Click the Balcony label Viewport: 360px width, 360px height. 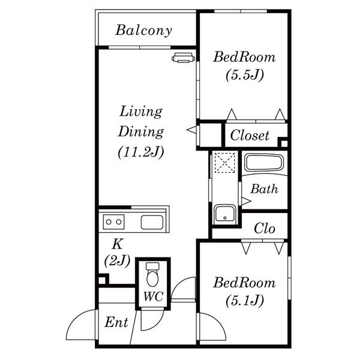(144, 31)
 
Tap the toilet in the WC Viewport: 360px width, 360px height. (152, 274)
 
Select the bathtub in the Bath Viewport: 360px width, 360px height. (264, 163)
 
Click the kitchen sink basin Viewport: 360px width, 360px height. (152, 222)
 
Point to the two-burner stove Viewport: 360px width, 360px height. (113, 222)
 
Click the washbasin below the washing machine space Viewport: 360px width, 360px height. (225, 214)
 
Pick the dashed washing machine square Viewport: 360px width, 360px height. (224, 163)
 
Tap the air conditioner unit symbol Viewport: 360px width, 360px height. (184, 58)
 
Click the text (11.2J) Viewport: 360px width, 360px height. (141, 152)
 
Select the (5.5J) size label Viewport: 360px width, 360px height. (245, 75)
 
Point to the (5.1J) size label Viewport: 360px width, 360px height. (245, 301)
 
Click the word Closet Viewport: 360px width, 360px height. (250, 135)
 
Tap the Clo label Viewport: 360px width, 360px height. (265, 229)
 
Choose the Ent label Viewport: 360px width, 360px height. (116, 322)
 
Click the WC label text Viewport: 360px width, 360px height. (154, 296)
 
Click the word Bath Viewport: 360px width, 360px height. (264, 189)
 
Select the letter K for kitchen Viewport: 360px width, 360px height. (118, 244)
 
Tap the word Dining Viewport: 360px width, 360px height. (141, 132)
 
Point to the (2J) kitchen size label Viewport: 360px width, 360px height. (118, 260)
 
